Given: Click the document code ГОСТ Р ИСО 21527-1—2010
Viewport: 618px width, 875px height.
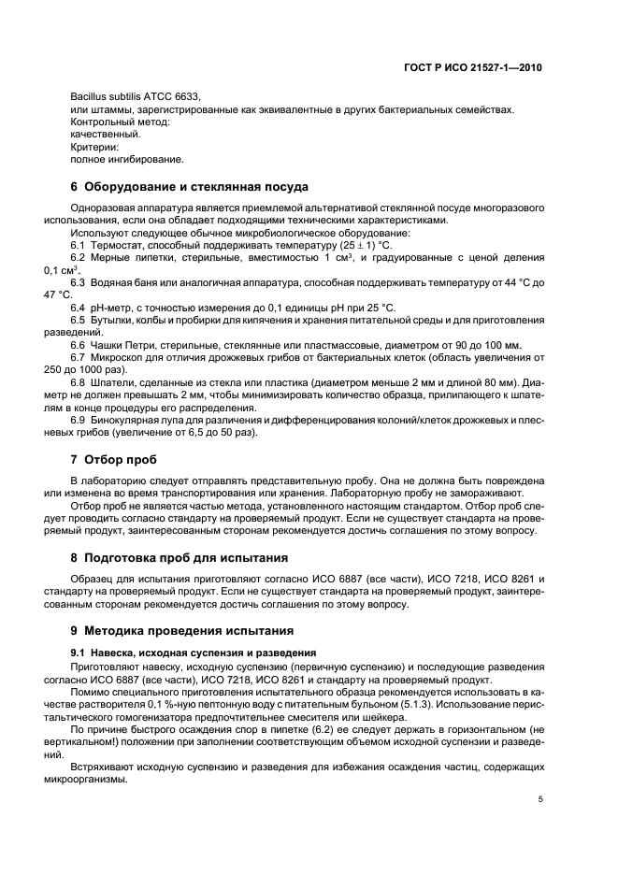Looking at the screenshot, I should click(x=485, y=68).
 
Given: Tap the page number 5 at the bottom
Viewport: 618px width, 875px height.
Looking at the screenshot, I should click(x=540, y=799).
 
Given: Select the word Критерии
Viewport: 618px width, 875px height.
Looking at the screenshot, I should click(x=94, y=147).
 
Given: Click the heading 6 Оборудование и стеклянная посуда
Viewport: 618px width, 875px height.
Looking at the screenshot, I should click(x=189, y=187).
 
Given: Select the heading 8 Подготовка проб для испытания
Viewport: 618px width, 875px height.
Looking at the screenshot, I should click(x=179, y=558).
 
